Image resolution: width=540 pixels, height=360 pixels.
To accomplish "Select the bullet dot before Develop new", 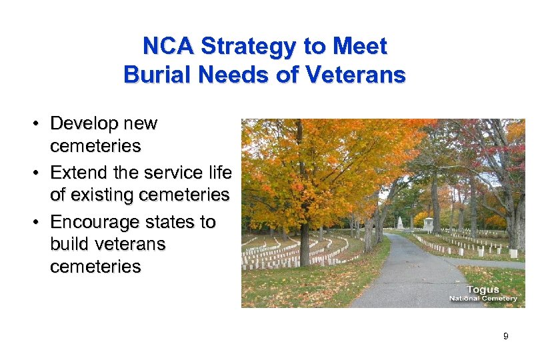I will (x=40, y=124).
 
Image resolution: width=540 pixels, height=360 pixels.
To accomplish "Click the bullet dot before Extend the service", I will (x=40, y=173).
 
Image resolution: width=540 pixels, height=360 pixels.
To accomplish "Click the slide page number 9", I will (x=505, y=337).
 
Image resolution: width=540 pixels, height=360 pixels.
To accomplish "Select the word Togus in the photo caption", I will (x=483, y=289).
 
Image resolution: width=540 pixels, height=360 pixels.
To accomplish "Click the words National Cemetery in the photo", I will (x=483, y=298).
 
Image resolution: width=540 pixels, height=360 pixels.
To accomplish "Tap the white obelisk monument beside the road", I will (x=400, y=223).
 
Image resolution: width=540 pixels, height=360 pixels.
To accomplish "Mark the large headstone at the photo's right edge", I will (x=513, y=254).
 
